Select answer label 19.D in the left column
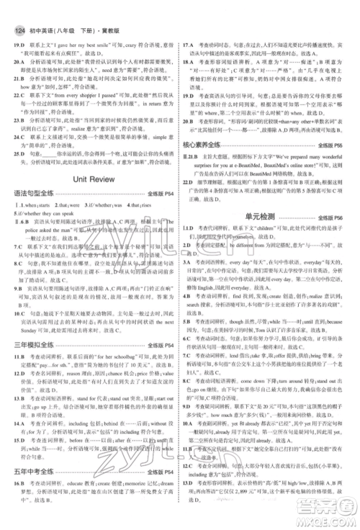[17, 26]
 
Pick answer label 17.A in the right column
[190, 26]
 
